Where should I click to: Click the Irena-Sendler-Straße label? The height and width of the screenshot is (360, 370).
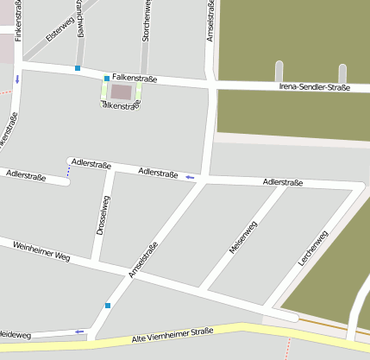tap(315, 87)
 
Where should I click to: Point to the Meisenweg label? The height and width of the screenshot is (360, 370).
tap(242, 237)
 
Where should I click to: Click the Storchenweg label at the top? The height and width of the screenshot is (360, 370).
tap(146, 22)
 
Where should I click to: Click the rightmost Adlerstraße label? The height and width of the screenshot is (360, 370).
tap(282, 182)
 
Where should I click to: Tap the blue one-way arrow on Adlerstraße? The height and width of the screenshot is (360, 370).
tap(190, 177)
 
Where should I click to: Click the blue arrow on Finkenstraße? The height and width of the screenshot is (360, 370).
tap(16, 79)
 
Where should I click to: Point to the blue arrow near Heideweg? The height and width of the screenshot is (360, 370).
tap(79, 331)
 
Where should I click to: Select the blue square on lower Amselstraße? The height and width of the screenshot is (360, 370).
tap(107, 305)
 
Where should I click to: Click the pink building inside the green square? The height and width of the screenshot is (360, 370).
tap(122, 91)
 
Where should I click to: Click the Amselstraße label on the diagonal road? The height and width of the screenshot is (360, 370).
tap(142, 259)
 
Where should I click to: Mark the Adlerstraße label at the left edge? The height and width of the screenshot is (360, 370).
tap(26, 174)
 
